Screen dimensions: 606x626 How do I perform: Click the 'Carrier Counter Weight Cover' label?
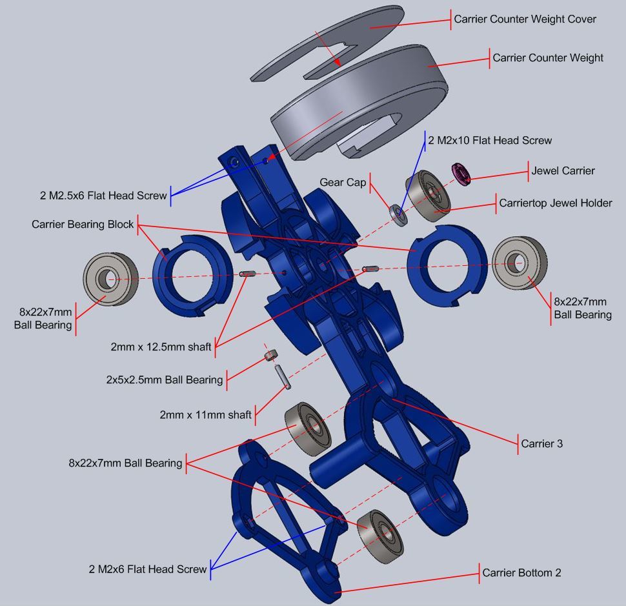pos(525,19)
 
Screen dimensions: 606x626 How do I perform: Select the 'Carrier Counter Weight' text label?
pos(548,58)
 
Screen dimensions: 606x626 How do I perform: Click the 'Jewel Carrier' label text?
pos(563,171)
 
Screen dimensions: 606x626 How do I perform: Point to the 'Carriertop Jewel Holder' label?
pos(555,203)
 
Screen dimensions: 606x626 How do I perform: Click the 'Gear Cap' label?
pos(343,183)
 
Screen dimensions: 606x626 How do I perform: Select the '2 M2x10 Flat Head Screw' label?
pos(490,140)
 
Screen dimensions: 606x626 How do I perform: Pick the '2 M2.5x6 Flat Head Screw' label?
pos(102,196)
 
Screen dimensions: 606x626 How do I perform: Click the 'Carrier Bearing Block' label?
pos(83,225)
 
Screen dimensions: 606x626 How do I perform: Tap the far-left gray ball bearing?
pos(110,279)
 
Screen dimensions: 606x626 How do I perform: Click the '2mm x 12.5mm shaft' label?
pos(161,347)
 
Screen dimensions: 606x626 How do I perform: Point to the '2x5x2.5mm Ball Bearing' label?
pos(165,379)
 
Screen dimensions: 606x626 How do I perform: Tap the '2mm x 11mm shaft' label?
pos(205,415)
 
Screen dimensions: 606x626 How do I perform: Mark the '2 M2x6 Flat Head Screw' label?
pos(148,569)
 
